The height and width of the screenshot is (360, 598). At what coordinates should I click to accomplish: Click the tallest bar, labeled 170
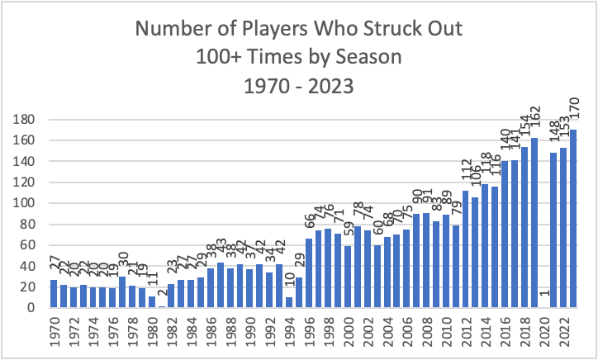(x=573, y=219)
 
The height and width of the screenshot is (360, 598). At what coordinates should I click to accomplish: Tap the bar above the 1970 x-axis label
(x=54, y=294)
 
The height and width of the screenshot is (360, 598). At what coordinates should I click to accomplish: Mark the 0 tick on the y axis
(x=31, y=308)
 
